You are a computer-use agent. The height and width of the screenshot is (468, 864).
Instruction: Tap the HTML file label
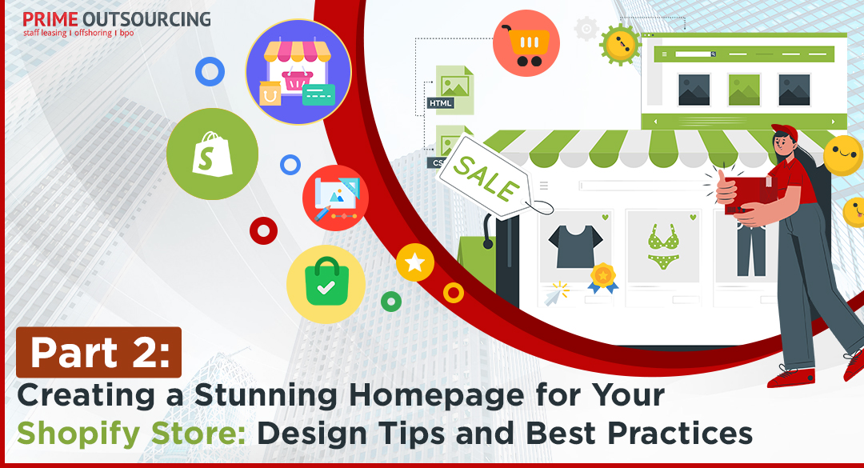[440, 103]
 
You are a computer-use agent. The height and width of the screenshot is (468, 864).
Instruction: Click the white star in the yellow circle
[415, 262]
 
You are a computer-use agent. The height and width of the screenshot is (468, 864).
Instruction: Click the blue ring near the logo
[210, 72]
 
